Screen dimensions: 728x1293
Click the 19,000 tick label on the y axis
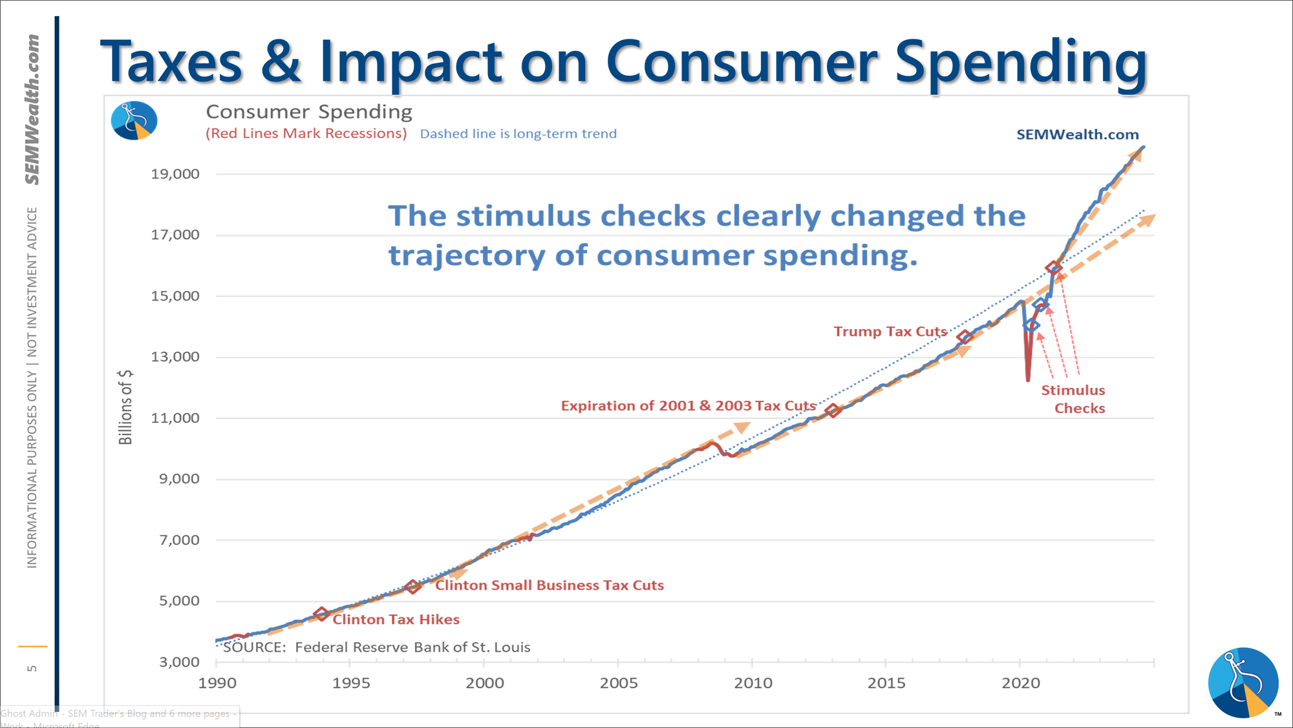pyautogui.click(x=175, y=174)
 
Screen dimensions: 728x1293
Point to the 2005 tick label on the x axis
pyautogui.click(x=619, y=683)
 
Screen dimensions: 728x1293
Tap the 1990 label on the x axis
pyautogui.click(x=217, y=683)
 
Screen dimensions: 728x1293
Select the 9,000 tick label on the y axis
pyautogui.click(x=180, y=479)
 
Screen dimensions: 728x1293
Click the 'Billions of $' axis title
pyautogui.click(x=125, y=407)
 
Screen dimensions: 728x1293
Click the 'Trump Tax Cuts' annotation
pyautogui.click(x=890, y=332)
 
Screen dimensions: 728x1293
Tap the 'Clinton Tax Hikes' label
pyautogui.click(x=396, y=619)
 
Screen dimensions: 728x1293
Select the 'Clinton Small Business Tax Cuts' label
pyautogui.click(x=549, y=585)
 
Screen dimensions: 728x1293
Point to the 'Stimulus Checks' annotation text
pyautogui.click(x=1074, y=399)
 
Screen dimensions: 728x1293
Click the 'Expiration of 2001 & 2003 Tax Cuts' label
pyautogui.click(x=688, y=406)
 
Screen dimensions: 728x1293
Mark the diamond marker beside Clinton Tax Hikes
pyautogui.click(x=321, y=614)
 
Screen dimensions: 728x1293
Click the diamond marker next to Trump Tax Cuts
pyautogui.click(x=965, y=337)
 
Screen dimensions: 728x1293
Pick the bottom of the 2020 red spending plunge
pyautogui.click(x=1028, y=380)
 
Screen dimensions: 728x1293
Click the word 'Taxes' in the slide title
pyautogui.click(x=171, y=63)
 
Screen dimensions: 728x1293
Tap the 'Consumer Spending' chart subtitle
pyautogui.click(x=309, y=112)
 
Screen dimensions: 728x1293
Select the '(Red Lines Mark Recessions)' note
pyautogui.click(x=306, y=134)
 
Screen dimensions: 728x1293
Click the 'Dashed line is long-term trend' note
pyautogui.click(x=518, y=134)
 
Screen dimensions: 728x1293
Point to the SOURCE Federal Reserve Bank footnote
pyautogui.click(x=376, y=647)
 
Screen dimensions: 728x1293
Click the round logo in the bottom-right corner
pyautogui.click(x=1243, y=682)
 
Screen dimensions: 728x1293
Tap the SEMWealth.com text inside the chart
pyautogui.click(x=1077, y=134)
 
